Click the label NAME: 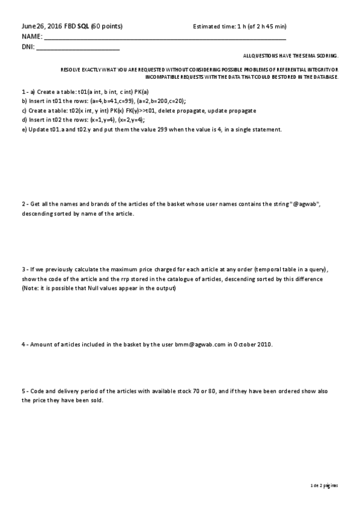pyautogui.click(x=32, y=37)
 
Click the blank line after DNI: pyautogui.click(x=78, y=47)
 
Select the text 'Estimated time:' pyautogui.click(x=213, y=26)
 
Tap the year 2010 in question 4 pyautogui.click(x=264, y=345)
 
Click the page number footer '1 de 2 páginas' pyautogui.click(x=324, y=484)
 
